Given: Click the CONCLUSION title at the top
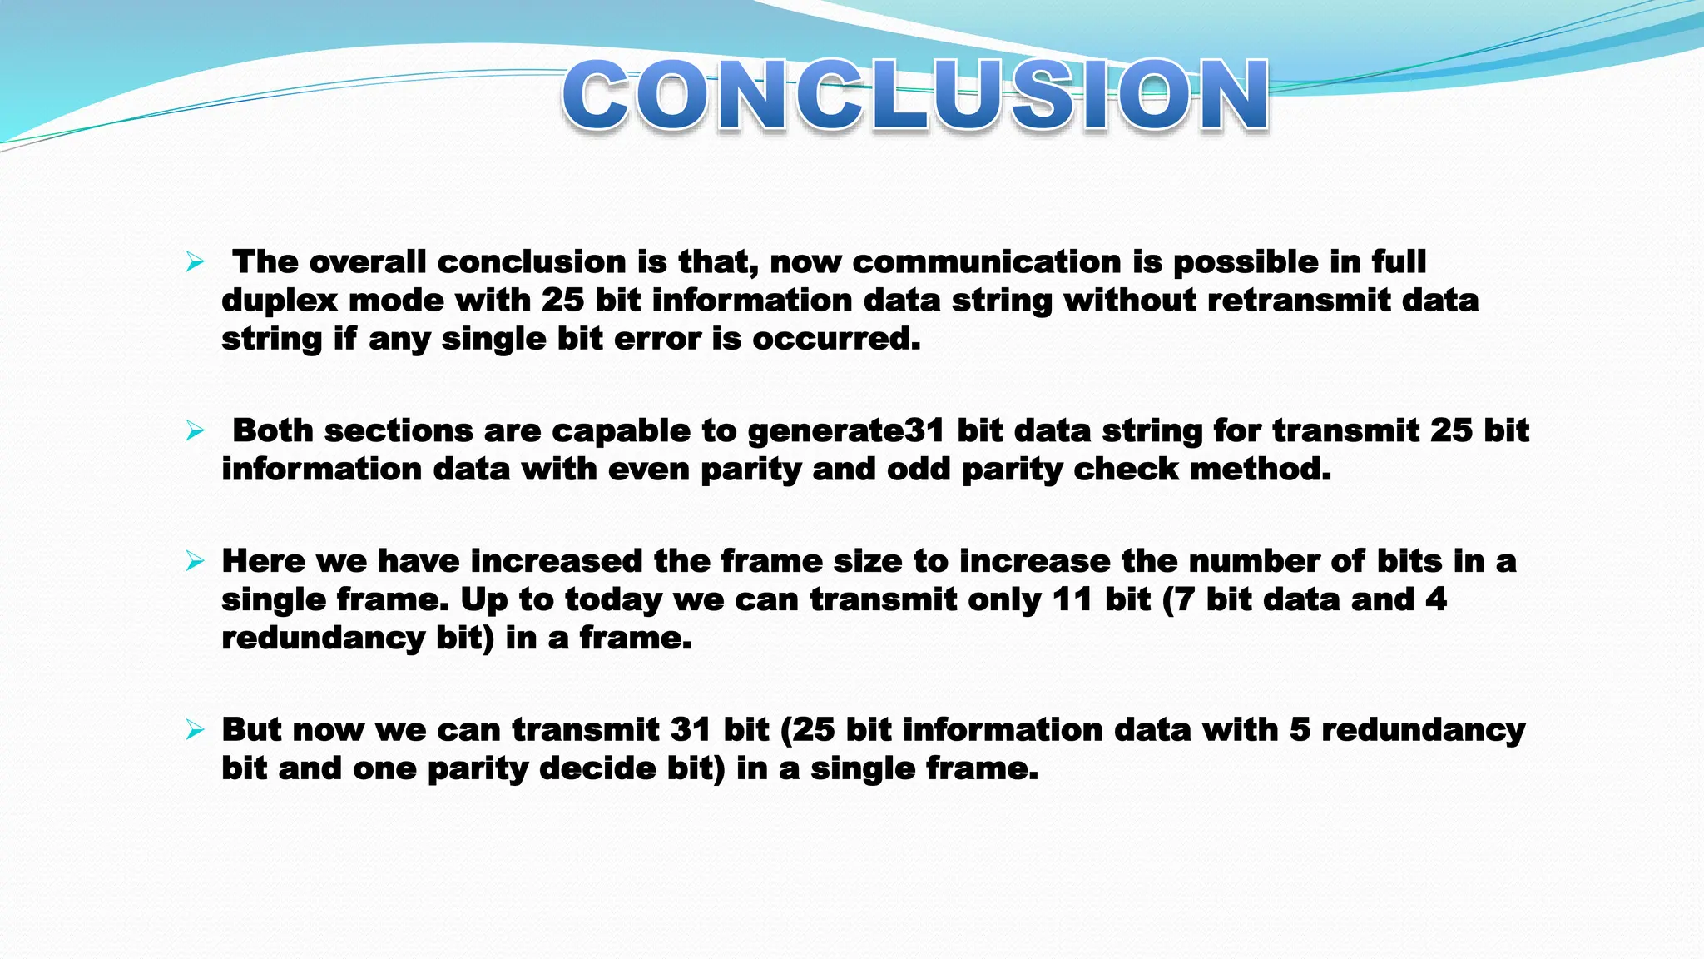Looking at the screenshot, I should coord(915,96).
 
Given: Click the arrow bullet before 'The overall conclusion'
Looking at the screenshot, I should coord(195,263).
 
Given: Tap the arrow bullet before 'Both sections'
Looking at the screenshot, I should coord(195,431).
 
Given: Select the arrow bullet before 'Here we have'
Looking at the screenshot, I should coord(195,562).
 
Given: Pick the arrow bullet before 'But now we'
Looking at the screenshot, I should coord(195,731).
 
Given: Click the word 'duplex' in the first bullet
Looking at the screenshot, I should coord(279,301).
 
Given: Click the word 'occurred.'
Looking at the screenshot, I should coord(836,339).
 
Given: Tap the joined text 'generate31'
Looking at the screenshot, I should coord(845,432).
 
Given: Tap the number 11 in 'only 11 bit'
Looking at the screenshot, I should coord(1072,600).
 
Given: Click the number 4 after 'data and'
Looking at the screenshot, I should coord(1436,600).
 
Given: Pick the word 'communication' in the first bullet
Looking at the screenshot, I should coord(986,263).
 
